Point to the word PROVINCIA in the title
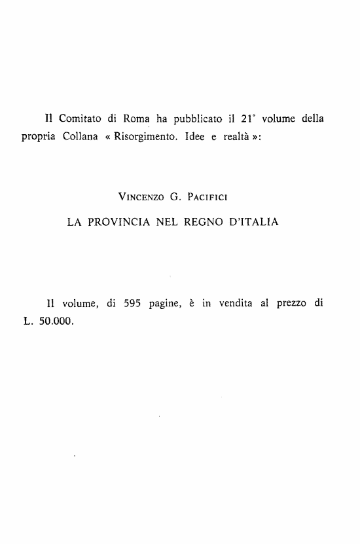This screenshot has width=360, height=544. (119, 223)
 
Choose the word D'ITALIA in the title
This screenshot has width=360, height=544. (258, 223)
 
